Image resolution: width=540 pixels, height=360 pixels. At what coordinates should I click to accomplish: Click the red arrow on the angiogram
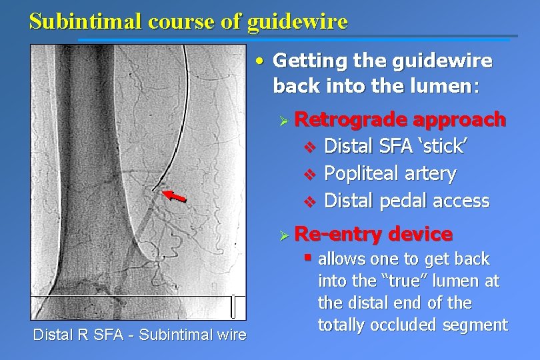[176, 195]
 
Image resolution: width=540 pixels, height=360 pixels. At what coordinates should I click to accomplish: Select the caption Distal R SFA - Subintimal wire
[139, 335]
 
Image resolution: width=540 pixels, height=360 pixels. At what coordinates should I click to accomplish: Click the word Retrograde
[351, 119]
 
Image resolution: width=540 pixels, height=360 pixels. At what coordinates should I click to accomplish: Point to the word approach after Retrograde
[459, 119]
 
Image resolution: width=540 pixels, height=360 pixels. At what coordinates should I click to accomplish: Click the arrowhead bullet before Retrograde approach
[283, 121]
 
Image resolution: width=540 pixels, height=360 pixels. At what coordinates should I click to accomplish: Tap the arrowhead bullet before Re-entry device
[283, 235]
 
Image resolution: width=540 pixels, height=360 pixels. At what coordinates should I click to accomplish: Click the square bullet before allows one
[307, 257]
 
